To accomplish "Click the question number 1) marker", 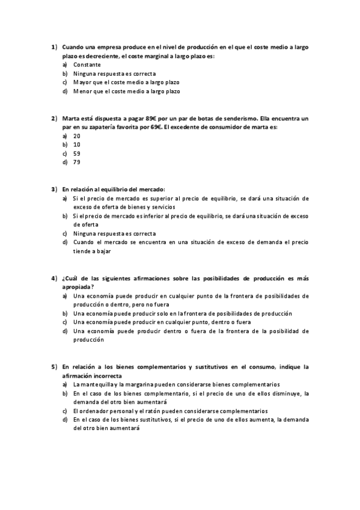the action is [53, 46].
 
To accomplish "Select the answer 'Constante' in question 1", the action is [87, 64].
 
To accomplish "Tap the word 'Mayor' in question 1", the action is [82, 82].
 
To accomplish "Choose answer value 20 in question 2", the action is [77, 136].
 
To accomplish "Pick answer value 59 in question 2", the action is [77, 153].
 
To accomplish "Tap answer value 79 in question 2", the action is [77, 162].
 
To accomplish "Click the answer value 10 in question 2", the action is [77, 145].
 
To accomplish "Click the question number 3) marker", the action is [53, 189].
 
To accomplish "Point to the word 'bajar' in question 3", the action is [96, 251].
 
